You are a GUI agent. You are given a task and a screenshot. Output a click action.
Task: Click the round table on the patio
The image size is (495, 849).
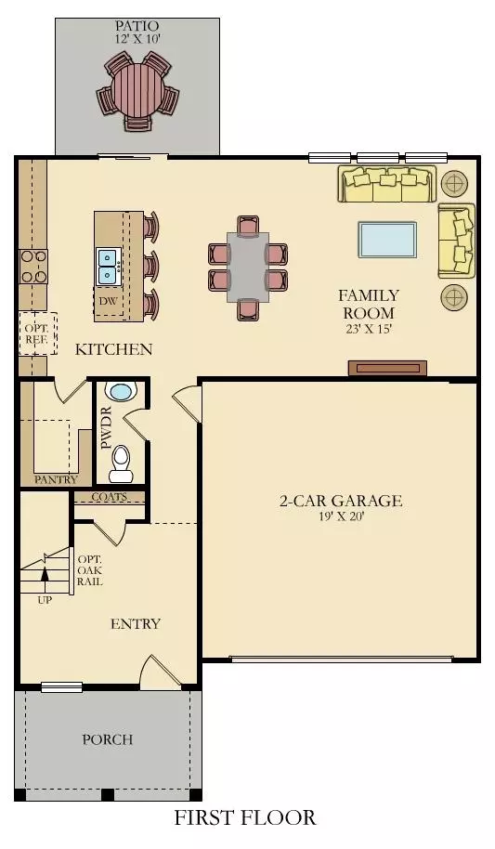point(137,90)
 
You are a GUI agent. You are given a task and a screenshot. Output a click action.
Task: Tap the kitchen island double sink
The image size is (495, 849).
point(110,267)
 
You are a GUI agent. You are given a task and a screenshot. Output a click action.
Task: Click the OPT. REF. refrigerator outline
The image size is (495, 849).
point(38,333)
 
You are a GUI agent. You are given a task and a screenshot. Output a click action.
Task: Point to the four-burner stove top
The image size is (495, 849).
point(33,267)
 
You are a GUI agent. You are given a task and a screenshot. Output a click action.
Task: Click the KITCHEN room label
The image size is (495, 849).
point(113,349)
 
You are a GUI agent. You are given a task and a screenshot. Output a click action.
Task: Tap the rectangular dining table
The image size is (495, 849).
point(248,268)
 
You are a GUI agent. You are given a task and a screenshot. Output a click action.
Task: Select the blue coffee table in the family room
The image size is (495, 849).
point(387,240)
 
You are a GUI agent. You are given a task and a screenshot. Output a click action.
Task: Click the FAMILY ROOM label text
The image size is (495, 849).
point(369,304)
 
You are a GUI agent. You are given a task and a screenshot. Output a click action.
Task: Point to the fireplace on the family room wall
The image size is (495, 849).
point(387,368)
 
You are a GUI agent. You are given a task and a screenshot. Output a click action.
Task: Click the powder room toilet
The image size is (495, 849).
point(120,464)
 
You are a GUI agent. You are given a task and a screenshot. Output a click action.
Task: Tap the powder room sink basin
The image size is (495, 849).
point(120,391)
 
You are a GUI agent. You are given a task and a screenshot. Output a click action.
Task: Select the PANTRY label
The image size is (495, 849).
point(56,479)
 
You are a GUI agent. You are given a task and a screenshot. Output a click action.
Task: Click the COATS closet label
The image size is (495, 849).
point(110,497)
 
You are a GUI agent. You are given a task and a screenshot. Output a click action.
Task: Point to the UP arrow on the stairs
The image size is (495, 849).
point(45,576)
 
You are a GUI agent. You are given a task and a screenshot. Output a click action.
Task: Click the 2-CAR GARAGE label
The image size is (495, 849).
point(341,501)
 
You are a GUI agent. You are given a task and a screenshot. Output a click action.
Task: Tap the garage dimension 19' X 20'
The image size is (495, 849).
point(341,516)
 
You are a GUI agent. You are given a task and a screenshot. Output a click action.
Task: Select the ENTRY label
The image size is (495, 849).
point(136,624)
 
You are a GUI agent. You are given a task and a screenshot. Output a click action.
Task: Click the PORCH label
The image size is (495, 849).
point(107,739)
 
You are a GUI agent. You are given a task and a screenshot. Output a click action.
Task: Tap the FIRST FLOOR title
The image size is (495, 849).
point(245,817)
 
